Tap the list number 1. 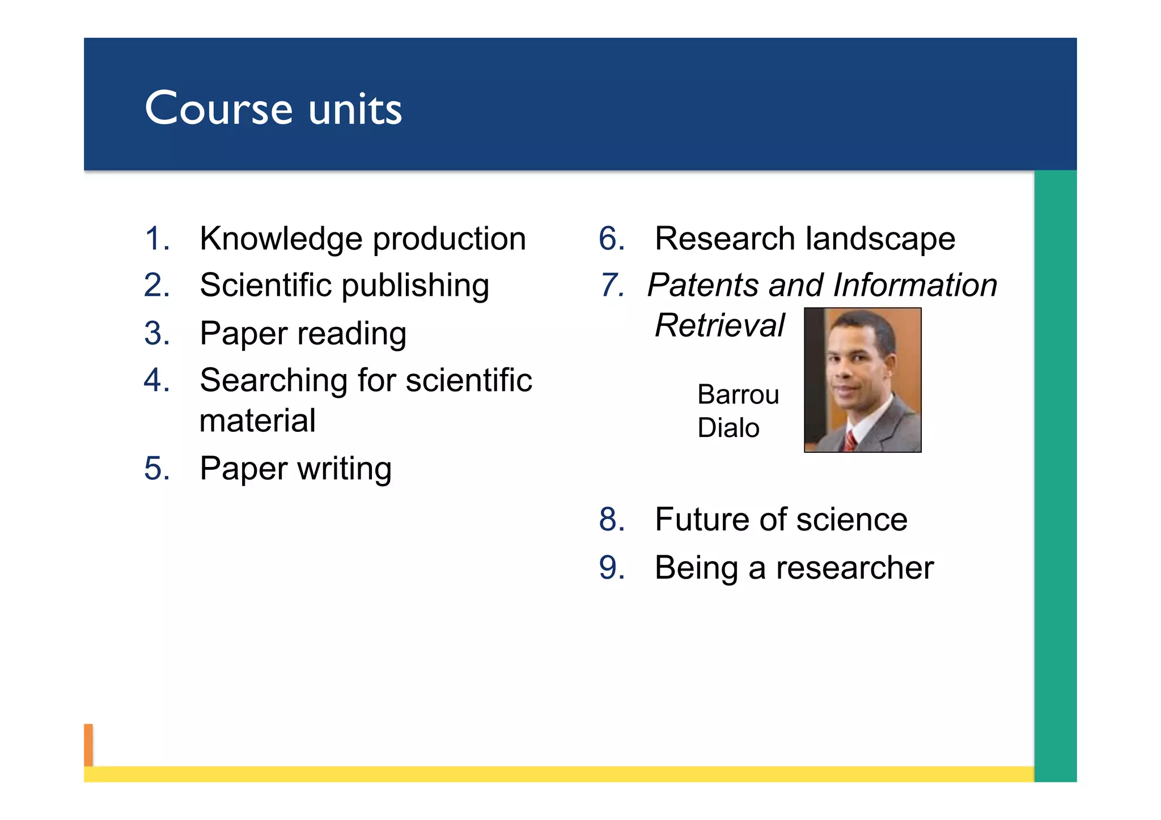coord(156,238)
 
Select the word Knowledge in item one coord(281,239)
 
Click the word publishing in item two coord(415,286)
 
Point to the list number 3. coord(156,333)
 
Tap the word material coord(257,420)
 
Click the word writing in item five coord(344,469)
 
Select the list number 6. coord(612,238)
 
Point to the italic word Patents coord(702,284)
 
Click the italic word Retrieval coord(719,325)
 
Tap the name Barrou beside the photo coord(738,394)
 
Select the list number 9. coord(612,568)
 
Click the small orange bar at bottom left coord(88,745)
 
